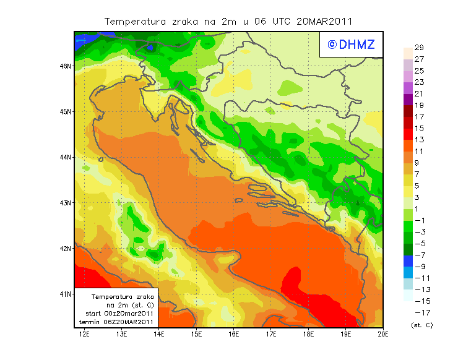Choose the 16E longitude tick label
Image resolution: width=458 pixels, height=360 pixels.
pyautogui.click(x=233, y=335)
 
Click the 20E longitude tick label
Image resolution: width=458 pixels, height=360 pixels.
pyautogui.click(x=383, y=335)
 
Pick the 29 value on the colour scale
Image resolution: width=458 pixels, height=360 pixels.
pyautogui.click(x=419, y=48)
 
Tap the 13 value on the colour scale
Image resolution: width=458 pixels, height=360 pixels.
pyautogui.click(x=419, y=140)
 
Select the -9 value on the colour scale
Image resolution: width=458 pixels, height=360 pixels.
pyautogui.click(x=419, y=267)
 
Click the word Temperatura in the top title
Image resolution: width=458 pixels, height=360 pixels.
pyautogui.click(x=134, y=21)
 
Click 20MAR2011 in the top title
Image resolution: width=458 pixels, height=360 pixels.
pyautogui.click(x=324, y=21)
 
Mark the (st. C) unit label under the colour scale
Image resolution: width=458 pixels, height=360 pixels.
pyautogui.click(x=421, y=325)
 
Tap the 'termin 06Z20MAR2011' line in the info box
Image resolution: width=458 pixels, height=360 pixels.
pyautogui.click(x=120, y=322)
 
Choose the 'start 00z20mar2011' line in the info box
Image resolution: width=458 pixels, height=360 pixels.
pyautogui.click(x=119, y=314)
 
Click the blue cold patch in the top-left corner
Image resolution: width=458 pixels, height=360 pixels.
pyautogui.click(x=82, y=41)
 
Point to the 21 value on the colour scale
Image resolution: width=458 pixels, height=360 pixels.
pyautogui.click(x=419, y=93)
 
